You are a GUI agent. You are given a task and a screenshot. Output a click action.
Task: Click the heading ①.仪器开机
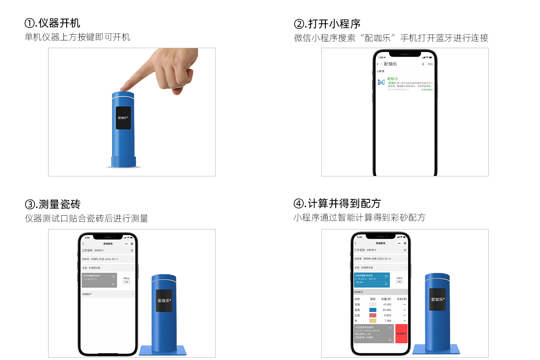pos(52,23)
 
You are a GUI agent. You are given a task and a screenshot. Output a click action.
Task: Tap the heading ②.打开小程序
pos(327,24)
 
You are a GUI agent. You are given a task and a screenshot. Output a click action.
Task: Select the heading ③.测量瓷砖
pos(52,204)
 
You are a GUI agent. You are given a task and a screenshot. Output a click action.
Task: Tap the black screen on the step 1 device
pos(123,118)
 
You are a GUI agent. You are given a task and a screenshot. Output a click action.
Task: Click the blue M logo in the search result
pos(381,82)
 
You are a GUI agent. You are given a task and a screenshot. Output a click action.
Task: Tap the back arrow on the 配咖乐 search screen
pos(378,64)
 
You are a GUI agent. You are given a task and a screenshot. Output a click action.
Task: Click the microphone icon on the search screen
pos(423,64)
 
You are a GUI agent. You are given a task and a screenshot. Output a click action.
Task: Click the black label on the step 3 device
pos(164,300)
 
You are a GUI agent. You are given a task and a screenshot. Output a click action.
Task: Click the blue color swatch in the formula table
pos(373,310)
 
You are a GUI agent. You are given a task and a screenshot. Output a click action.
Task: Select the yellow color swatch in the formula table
pos(373,321)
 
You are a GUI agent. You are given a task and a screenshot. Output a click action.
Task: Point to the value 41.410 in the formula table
pos(387,305)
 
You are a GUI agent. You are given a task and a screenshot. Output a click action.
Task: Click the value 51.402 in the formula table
pos(387,310)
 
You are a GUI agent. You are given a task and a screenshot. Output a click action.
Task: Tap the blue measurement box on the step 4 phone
pos(371,279)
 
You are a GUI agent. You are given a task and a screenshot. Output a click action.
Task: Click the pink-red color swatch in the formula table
pos(373,315)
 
